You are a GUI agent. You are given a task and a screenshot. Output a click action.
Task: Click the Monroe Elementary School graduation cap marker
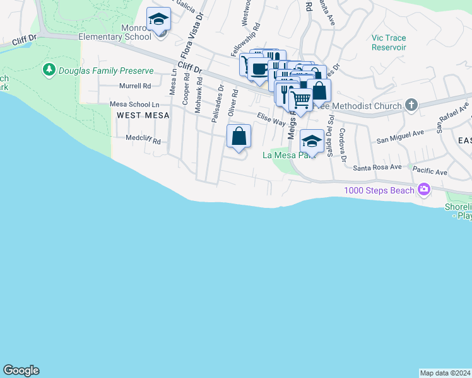coord(158,20)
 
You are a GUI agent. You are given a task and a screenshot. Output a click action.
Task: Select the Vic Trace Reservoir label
coord(389,42)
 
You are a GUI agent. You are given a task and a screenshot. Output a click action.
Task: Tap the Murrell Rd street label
coord(135,86)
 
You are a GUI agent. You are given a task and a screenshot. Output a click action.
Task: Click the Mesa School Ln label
coord(130,104)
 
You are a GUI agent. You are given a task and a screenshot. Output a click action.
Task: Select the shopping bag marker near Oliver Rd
coord(239,136)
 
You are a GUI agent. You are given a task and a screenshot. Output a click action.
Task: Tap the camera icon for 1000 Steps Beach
coord(423,189)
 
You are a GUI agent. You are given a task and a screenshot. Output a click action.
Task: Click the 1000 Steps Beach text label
coord(379,190)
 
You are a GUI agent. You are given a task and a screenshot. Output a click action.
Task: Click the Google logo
coord(21,370)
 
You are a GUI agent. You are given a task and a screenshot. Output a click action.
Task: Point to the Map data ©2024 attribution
coord(445,372)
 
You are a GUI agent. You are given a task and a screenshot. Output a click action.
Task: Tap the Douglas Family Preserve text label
coord(106,71)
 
